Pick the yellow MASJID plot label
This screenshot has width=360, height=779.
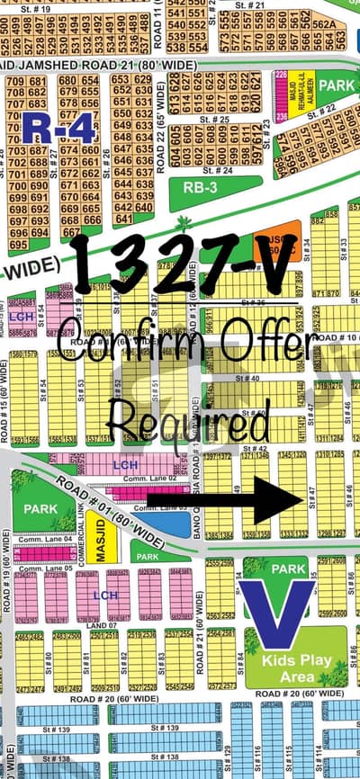click(102, 539)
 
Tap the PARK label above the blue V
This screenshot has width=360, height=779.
click(289, 569)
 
